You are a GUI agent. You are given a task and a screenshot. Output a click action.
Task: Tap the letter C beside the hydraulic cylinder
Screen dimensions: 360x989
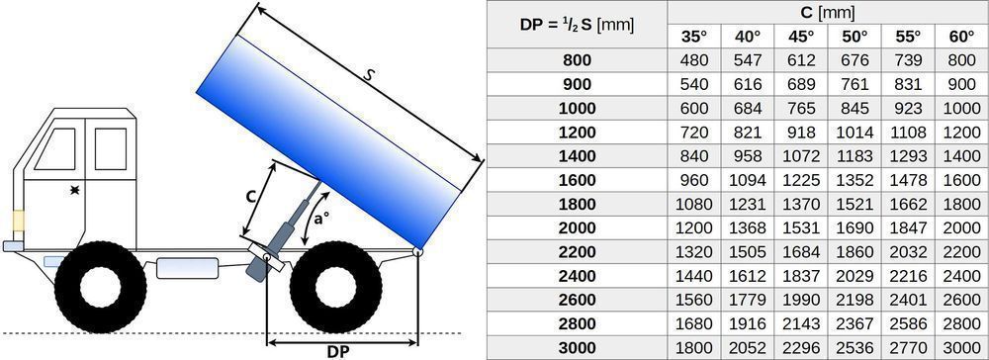251,197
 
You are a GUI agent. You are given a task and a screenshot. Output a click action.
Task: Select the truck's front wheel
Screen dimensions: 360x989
94,286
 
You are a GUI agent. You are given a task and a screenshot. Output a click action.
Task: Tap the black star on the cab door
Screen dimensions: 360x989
74,188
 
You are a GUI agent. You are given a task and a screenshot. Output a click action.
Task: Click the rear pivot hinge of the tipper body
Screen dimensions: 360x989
417,253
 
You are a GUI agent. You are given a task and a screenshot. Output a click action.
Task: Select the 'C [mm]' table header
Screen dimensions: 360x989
827,13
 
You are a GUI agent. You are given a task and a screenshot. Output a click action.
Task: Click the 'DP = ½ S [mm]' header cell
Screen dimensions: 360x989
577,25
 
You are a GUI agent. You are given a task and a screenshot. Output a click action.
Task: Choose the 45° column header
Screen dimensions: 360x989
801,37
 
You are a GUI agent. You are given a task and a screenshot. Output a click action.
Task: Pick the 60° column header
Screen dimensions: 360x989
960,37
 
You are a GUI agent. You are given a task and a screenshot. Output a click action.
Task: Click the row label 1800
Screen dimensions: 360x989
577,204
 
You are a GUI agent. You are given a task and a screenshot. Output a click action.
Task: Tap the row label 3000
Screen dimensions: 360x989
577,347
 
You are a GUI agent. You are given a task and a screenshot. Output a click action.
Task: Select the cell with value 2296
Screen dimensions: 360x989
801,347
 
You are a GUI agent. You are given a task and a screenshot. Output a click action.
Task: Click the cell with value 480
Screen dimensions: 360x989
694,60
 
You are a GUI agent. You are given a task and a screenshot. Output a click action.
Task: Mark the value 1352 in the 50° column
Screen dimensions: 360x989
854,180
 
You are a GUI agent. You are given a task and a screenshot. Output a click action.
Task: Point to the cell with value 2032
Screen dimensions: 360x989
907,251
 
